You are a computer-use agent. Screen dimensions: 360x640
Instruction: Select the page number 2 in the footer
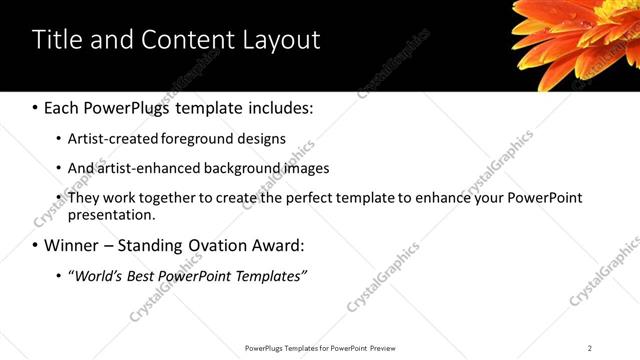coord(590,347)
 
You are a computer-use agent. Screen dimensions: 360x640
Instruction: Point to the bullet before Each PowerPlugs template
coord(35,107)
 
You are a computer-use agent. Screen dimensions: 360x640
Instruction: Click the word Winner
coord(74,245)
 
